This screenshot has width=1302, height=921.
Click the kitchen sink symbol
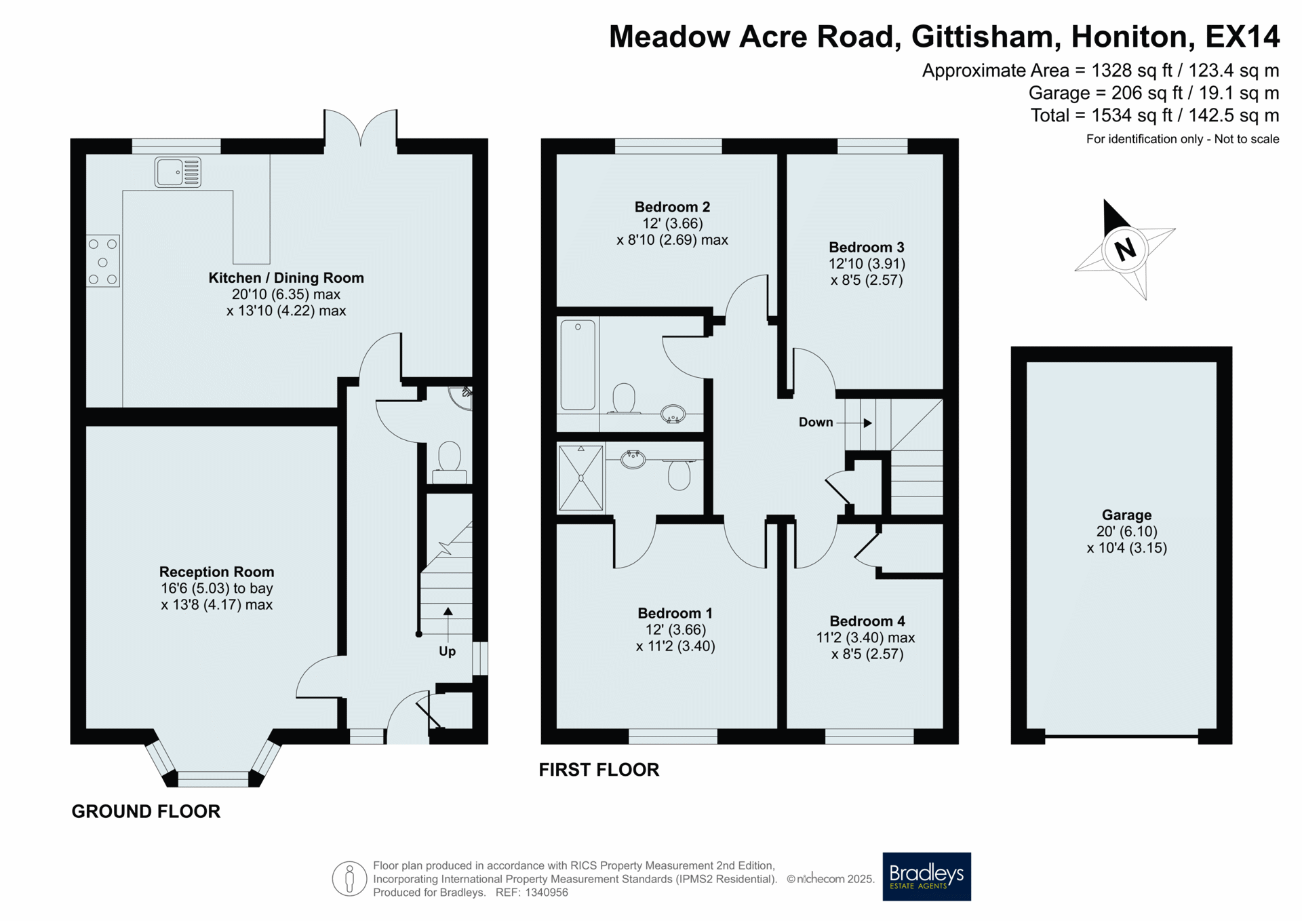click(178, 172)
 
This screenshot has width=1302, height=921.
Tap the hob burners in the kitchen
click(103, 261)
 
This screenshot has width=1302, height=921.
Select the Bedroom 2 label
click(672, 208)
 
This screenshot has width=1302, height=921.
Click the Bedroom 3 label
click(867, 248)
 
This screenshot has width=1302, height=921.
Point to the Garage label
click(1126, 515)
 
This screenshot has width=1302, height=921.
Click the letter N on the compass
click(1125, 249)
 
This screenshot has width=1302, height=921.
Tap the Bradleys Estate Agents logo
click(926, 876)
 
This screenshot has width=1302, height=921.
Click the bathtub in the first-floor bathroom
click(578, 365)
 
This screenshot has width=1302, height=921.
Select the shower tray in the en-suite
click(581, 477)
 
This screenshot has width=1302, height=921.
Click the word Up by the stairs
click(447, 651)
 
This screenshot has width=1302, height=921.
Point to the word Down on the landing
click(816, 422)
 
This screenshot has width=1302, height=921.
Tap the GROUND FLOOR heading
click(146, 811)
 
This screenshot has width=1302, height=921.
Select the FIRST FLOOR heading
click(599, 770)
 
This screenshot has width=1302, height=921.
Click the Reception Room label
click(216, 572)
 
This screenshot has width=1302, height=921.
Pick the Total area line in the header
click(1155, 115)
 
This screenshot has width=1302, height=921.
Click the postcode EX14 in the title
click(1242, 37)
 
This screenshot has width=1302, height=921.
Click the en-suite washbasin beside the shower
click(633, 459)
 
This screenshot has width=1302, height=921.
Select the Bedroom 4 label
click(867, 621)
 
